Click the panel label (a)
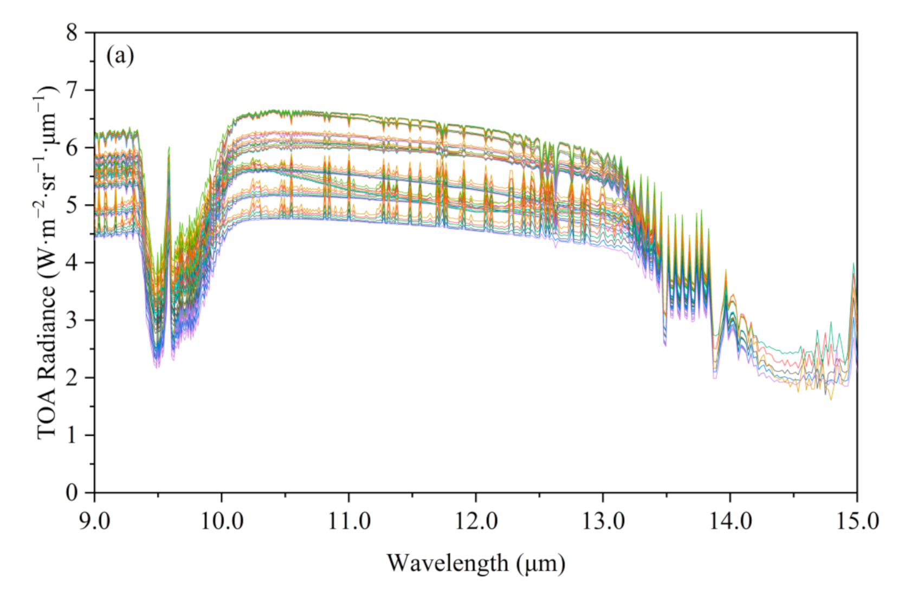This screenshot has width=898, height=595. pyautogui.click(x=120, y=56)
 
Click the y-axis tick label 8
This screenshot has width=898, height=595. pyautogui.click(x=72, y=33)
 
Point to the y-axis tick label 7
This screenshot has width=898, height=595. pyautogui.click(x=72, y=90)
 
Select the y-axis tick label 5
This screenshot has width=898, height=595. pyautogui.click(x=72, y=205)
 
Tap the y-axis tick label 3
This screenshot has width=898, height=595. pyautogui.click(x=72, y=320)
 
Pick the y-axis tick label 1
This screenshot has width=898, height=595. pyautogui.click(x=72, y=435)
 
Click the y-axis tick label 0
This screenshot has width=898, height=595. pyautogui.click(x=72, y=493)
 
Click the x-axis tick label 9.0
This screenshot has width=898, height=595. pyautogui.click(x=94, y=521)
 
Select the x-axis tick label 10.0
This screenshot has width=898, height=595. pyautogui.click(x=221, y=521)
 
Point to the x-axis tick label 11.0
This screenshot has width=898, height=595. pyautogui.click(x=348, y=521)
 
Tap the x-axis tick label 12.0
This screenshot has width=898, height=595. pyautogui.click(x=475, y=521)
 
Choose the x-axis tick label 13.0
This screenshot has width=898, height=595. pyautogui.click(x=603, y=521)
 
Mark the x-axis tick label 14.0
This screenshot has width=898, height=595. pyautogui.click(x=730, y=521)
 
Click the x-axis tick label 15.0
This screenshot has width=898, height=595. pyautogui.click(x=857, y=521)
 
